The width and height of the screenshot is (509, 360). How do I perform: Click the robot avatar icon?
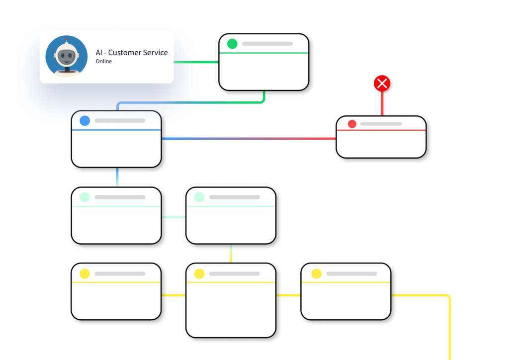(67, 56)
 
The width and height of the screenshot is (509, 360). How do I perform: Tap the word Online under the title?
(103, 61)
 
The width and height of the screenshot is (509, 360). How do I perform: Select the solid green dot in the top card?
(232, 43)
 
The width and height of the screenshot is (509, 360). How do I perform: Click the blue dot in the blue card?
(85, 120)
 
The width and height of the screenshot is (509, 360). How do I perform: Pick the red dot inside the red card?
(352, 124)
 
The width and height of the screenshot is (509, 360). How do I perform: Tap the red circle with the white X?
(382, 84)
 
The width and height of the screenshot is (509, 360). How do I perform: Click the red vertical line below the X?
(382, 103)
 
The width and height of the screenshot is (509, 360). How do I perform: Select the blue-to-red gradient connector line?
(249, 139)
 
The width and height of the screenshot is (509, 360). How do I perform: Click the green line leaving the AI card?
(196, 62)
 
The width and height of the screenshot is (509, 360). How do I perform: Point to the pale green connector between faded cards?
(173, 217)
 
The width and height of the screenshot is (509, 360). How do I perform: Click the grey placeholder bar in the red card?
(381, 124)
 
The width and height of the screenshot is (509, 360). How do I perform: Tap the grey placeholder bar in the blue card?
(120, 120)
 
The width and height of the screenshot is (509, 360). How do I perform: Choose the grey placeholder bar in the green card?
(267, 43)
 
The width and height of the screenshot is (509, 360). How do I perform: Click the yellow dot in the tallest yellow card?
(199, 273)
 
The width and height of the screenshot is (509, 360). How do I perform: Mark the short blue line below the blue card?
(117, 177)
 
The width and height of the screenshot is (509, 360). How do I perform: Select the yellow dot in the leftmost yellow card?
(85, 273)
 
